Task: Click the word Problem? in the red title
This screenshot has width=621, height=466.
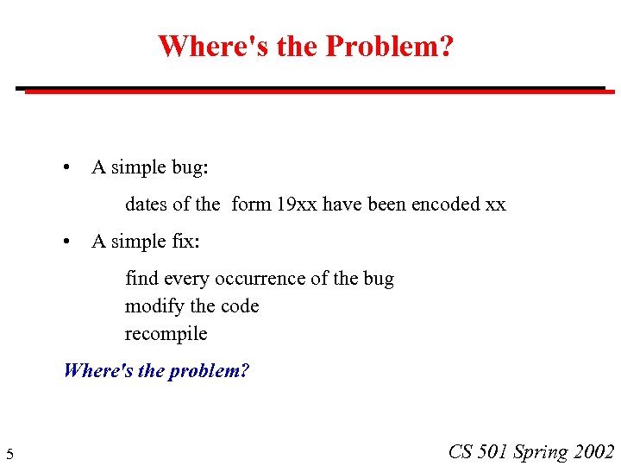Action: coord(389,46)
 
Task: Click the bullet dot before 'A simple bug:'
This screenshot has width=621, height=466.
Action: coord(67,167)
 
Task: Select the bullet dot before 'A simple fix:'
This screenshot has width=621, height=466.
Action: coord(67,242)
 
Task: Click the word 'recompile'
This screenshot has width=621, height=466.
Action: coord(166,334)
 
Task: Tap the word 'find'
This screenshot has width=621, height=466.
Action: coord(141,279)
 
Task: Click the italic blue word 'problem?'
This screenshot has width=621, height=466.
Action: coord(209,371)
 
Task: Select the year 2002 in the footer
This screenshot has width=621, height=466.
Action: coord(594,452)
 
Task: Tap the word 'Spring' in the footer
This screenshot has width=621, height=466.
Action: coord(541,452)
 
